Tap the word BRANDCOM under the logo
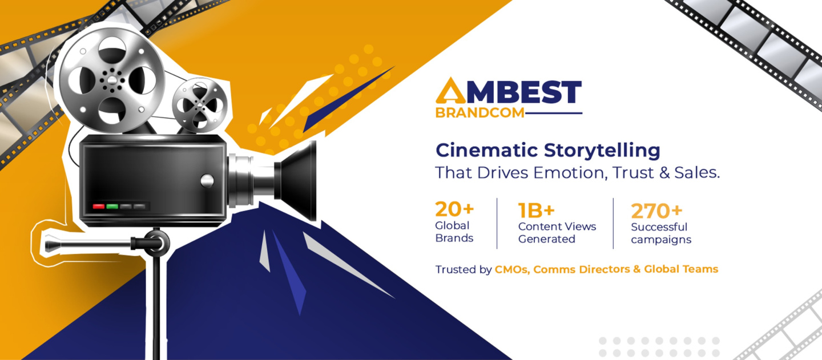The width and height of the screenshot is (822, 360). (479, 113)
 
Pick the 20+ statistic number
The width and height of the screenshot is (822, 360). (454, 209)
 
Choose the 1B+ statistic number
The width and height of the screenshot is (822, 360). (536, 211)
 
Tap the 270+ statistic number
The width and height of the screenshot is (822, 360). (656, 211)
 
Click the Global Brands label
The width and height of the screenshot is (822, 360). (454, 232)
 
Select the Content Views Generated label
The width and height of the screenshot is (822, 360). (557, 233)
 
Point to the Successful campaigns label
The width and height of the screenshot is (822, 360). (661, 233)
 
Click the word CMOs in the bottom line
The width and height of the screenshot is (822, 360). (512, 269)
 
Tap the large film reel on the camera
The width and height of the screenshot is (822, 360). (111, 79)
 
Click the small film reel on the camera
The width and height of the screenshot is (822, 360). (200, 105)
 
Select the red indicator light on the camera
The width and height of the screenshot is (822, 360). (98, 207)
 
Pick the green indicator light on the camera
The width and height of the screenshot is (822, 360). (112, 207)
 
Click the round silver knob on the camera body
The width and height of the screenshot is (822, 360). (207, 181)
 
